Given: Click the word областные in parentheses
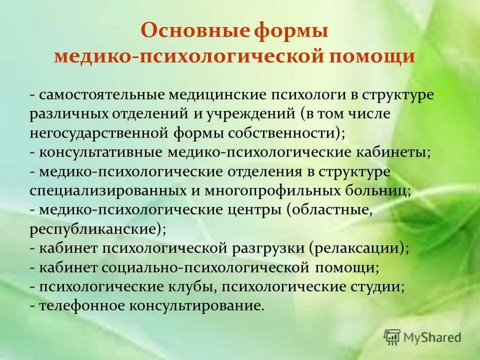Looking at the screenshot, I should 331,209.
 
